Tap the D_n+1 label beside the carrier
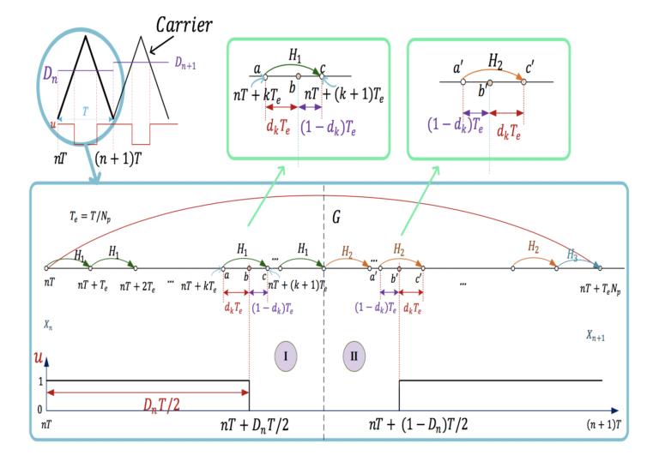click(188, 63)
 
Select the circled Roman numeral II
click(354, 355)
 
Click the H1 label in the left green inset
click(295, 57)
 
